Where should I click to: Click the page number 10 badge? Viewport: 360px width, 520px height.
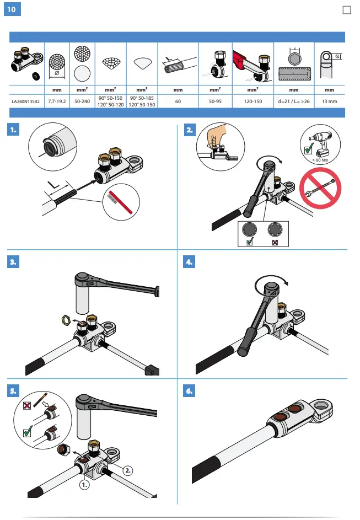pyautogui.click(x=12, y=10)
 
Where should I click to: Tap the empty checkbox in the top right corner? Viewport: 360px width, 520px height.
pyautogui.click(x=347, y=10)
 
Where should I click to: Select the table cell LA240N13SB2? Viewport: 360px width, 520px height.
pyautogui.click(x=26, y=101)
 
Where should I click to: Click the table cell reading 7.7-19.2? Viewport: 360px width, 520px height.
pyautogui.click(x=57, y=101)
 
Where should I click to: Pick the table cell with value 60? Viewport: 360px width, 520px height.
pyautogui.click(x=178, y=101)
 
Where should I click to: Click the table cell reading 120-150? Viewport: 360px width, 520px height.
pyautogui.click(x=252, y=101)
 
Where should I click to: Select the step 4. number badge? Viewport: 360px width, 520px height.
pyautogui.click(x=189, y=262)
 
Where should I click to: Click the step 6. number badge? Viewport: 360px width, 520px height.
pyautogui.click(x=189, y=391)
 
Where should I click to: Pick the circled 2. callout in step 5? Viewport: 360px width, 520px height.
pyautogui.click(x=127, y=470)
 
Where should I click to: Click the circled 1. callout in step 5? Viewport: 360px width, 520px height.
pyautogui.click(x=84, y=485)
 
